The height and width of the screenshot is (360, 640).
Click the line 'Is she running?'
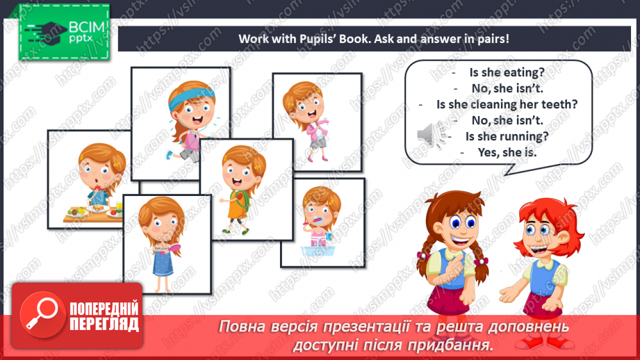[x=507, y=136]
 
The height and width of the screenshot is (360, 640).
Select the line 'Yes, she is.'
[x=507, y=152]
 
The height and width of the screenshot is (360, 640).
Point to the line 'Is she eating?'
[x=507, y=72]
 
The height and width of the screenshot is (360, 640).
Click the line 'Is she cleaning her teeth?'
[x=507, y=104]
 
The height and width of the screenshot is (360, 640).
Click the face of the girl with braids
[x=449, y=227]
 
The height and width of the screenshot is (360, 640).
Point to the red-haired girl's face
[x=536, y=229]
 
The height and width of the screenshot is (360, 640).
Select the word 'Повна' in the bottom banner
[x=248, y=327]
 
